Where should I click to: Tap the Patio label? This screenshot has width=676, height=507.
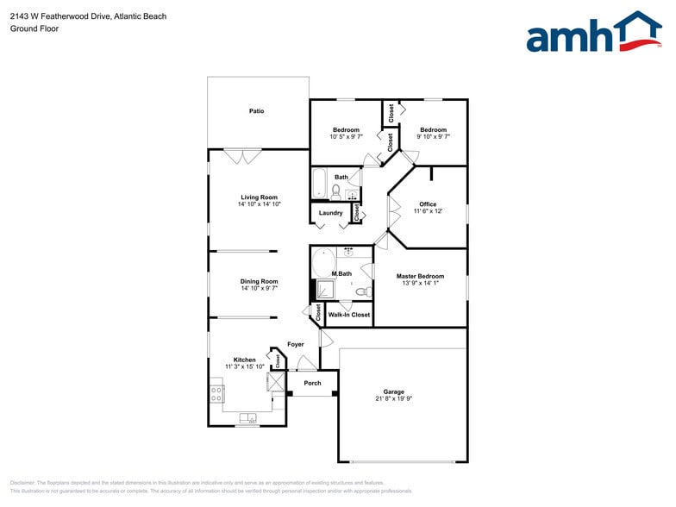256,111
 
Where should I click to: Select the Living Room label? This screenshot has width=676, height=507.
259,197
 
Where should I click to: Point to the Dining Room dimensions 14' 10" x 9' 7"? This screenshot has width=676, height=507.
259,288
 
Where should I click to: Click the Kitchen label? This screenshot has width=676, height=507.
244,360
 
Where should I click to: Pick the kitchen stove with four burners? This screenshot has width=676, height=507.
216,394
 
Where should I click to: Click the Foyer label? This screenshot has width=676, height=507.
296,344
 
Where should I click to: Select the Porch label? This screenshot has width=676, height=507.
312,383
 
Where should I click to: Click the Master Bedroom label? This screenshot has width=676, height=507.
420,276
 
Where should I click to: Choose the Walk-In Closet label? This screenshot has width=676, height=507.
349,315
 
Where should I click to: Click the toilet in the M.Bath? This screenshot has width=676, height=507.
361,291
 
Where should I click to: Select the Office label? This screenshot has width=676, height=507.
428,204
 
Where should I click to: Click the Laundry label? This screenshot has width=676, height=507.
330,213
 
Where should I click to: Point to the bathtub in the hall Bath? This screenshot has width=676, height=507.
318,184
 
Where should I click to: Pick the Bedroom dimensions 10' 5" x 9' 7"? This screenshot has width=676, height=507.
346,136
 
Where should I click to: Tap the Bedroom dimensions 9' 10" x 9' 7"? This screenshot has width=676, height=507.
433,136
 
